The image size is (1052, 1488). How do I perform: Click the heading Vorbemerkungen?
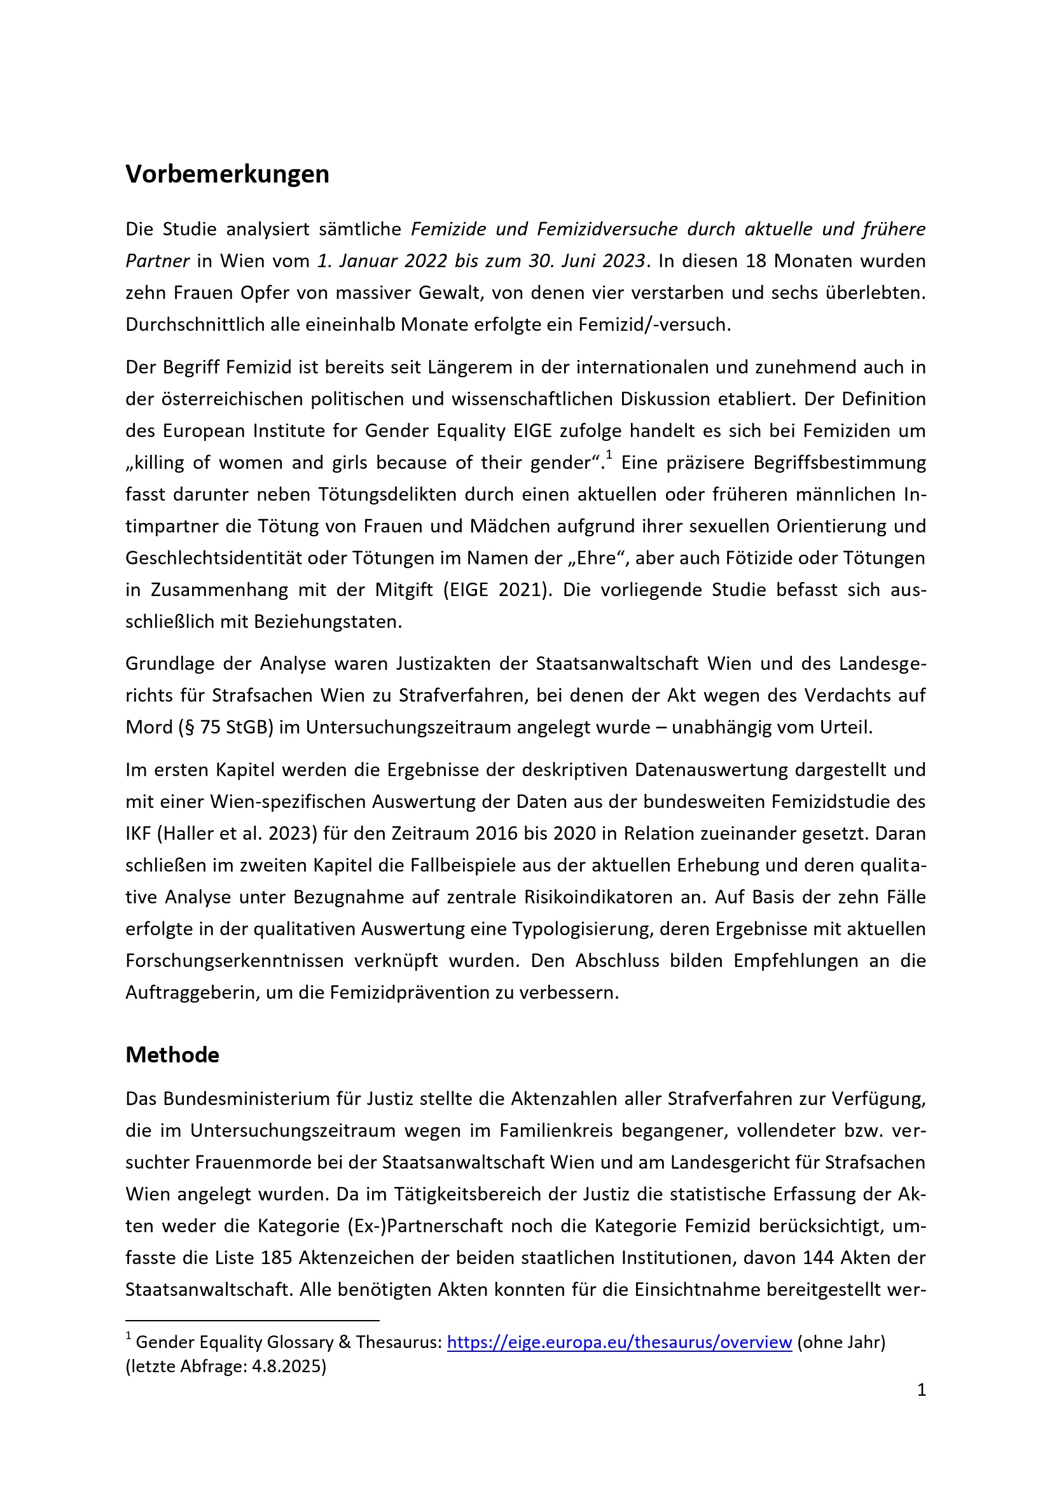click(x=226, y=174)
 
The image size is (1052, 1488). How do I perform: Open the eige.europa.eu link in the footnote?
click(x=619, y=1342)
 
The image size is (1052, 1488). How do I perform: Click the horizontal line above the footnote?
click(x=252, y=1319)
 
